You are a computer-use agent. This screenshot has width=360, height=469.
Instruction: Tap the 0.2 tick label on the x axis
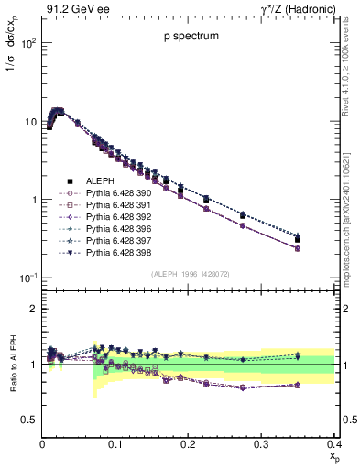188,443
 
